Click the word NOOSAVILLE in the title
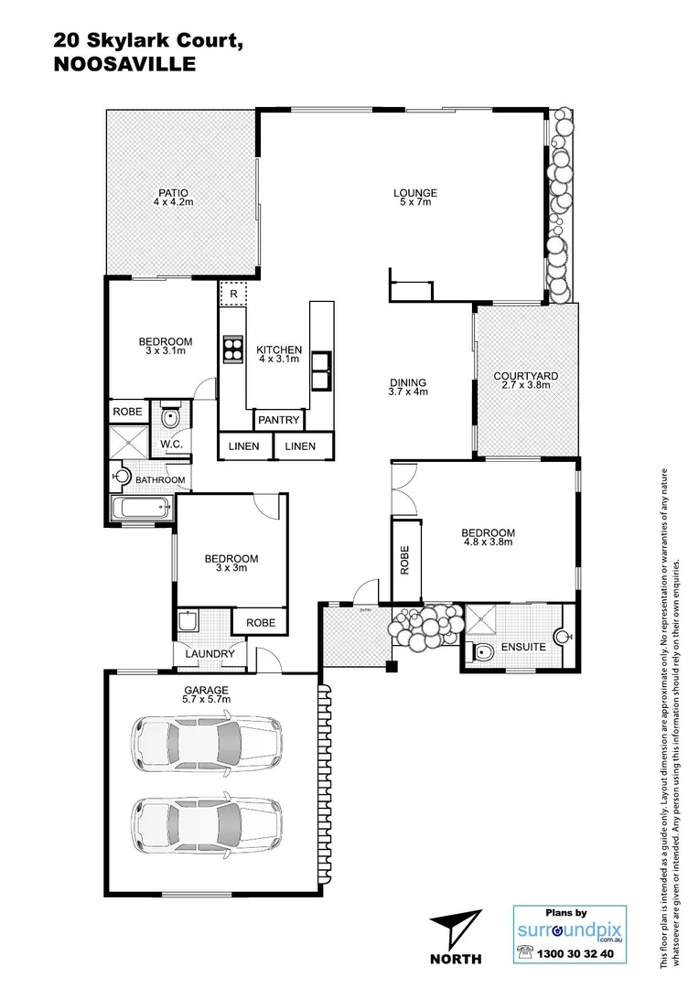coord(124,64)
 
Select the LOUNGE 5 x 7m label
coord(415,197)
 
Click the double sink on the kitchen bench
coord(321,370)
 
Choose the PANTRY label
coord(279,420)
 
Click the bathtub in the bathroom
coord(141,508)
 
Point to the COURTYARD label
coord(525,381)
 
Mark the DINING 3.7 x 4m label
coord(408,387)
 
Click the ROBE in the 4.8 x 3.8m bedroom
coord(405,560)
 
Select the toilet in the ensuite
coord(481,650)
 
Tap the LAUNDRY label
coord(210,654)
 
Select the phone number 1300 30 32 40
coord(579,953)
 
